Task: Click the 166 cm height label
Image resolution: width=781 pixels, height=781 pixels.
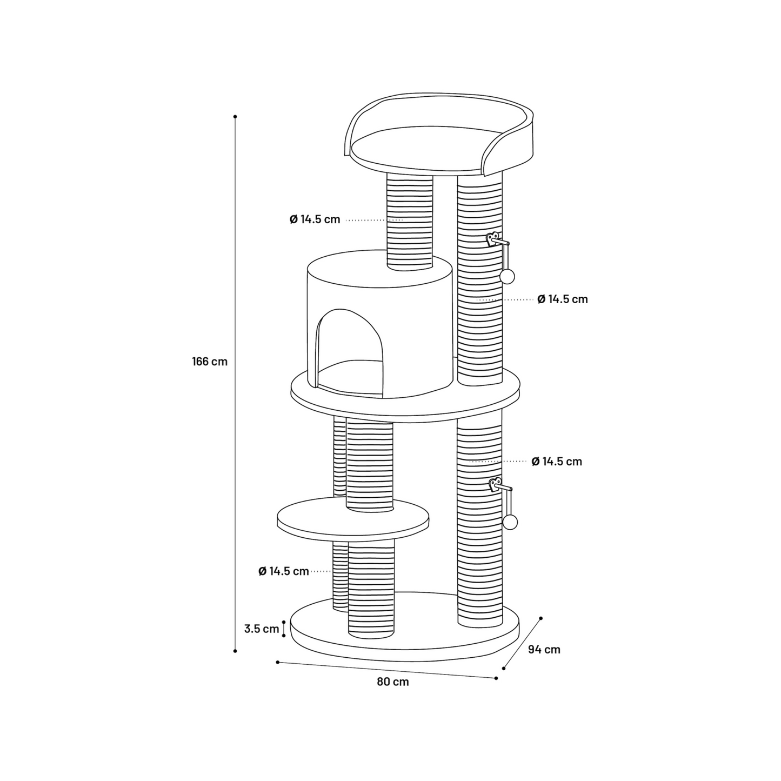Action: tap(210, 362)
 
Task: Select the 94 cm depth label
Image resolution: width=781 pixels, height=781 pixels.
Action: tap(544, 649)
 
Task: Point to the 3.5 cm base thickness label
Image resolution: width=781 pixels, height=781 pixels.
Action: tap(262, 629)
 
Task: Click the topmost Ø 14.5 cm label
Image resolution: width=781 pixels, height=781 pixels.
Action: tap(315, 219)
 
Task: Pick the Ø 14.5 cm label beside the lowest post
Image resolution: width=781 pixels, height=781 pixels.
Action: tap(284, 571)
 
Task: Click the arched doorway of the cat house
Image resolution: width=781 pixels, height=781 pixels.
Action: tap(350, 352)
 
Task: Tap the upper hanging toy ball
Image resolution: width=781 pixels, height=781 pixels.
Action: tap(507, 277)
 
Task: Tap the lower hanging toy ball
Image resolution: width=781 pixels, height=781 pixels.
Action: tap(510, 523)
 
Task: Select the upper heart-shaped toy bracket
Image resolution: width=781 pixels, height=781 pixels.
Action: tap(493, 239)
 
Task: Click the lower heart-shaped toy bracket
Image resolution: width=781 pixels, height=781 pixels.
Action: tap(495, 485)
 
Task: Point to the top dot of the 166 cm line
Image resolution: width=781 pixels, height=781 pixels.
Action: tap(235, 117)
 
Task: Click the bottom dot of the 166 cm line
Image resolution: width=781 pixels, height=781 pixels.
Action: tap(235, 651)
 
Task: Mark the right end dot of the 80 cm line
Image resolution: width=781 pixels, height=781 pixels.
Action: tap(496, 678)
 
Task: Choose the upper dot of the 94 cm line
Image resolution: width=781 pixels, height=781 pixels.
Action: tap(540, 618)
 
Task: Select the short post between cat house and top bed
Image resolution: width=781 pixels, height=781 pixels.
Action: tap(410, 222)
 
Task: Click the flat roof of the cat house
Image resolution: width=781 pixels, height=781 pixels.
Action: tap(379, 269)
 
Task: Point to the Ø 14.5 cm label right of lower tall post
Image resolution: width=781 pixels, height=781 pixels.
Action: tap(557, 461)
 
